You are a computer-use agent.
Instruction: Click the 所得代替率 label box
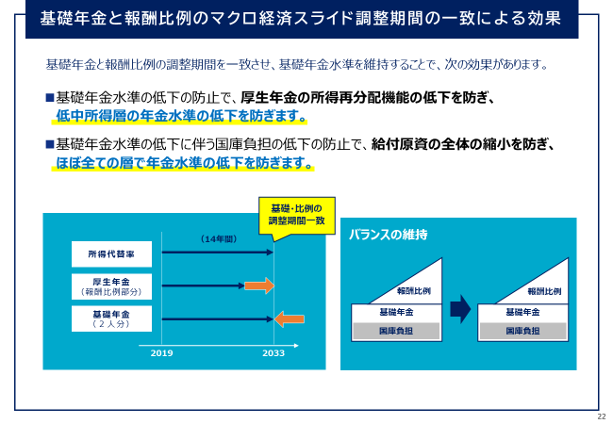(x=111, y=254)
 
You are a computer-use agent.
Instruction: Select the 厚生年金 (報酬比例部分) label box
(x=111, y=286)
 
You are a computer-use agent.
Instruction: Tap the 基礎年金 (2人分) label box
(x=111, y=318)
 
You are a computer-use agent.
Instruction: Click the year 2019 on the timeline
(x=161, y=353)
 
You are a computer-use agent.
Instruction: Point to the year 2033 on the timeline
(x=273, y=353)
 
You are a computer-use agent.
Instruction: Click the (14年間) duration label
(x=219, y=239)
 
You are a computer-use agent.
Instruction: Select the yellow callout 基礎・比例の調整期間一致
(x=297, y=216)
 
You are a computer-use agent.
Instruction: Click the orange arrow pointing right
(x=259, y=285)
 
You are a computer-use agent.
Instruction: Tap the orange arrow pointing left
(x=290, y=319)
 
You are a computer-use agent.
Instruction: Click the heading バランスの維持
(x=388, y=235)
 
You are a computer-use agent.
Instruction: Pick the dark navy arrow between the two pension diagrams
(x=460, y=309)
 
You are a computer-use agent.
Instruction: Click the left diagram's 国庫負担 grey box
(x=396, y=331)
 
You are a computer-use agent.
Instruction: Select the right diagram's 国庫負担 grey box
(x=522, y=331)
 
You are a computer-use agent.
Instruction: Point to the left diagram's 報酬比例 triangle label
(x=414, y=291)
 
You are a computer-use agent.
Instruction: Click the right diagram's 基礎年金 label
(x=522, y=312)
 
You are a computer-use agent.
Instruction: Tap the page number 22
(x=602, y=416)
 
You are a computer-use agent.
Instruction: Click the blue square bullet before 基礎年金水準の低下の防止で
(x=50, y=97)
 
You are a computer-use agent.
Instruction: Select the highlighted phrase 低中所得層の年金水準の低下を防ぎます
(x=181, y=116)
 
